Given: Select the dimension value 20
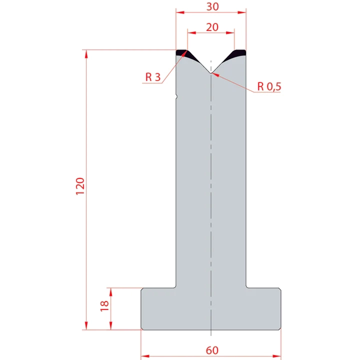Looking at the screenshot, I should point(211,27).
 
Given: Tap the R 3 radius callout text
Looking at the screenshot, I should point(153,77).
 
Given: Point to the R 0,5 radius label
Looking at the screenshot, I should point(269,86).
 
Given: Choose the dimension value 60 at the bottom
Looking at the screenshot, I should point(211,350).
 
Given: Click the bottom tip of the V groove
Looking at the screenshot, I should point(211,73).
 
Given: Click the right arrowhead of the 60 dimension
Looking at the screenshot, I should point(278,355).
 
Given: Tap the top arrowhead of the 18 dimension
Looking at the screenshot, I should point(110,290).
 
